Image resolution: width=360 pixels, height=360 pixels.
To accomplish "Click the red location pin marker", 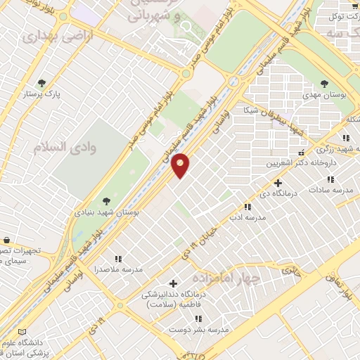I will coord(181,165).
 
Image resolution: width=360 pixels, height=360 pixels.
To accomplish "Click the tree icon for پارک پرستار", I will coord(42,82).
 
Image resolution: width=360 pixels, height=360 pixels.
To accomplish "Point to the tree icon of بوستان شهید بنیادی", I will coord(105,201).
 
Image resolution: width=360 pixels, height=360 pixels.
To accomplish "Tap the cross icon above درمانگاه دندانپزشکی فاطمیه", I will coord(173,283).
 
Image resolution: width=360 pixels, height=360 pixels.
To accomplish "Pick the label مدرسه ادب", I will coord(247,217).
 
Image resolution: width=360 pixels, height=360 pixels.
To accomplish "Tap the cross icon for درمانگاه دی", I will coord(278,183).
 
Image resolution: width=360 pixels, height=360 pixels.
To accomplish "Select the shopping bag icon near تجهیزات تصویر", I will coord(6,240).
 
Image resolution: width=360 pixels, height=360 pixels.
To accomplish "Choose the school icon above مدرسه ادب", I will coord(247,207).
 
